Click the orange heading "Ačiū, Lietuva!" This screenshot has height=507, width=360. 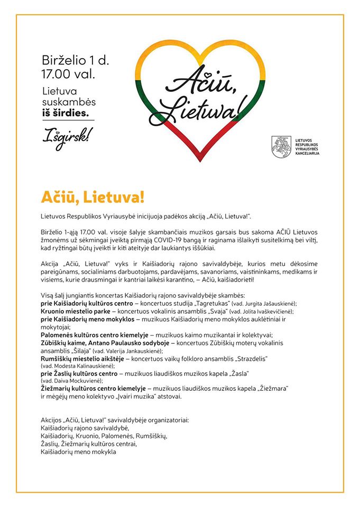93,197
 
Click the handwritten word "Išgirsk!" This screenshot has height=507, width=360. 65,135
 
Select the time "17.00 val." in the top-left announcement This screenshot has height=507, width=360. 68,73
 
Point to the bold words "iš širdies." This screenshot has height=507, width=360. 66,113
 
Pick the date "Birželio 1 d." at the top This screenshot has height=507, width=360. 76,60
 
